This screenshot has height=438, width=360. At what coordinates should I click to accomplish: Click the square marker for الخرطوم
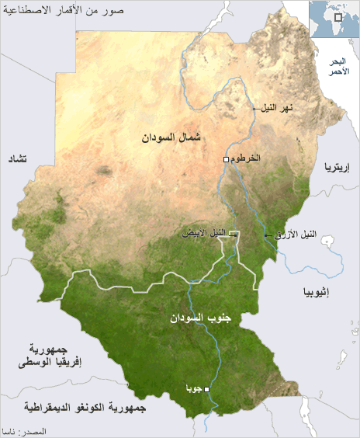(226, 158)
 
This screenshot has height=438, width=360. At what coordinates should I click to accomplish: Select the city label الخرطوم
(246, 158)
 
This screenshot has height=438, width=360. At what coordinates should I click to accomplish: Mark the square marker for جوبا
(206, 389)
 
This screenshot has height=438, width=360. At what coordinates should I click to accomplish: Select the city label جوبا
(193, 388)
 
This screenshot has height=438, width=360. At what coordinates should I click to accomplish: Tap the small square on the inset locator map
(338, 17)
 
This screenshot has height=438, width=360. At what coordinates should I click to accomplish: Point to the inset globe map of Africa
(334, 19)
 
